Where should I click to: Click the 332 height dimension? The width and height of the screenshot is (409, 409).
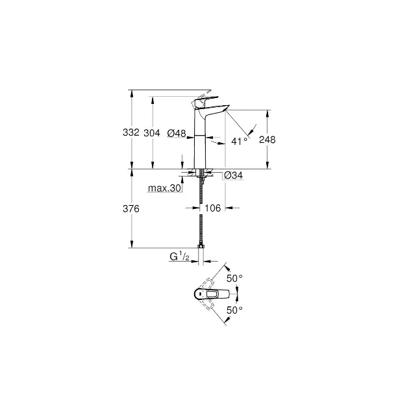tap(131, 132)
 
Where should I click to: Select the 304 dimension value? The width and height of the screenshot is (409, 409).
tap(152, 133)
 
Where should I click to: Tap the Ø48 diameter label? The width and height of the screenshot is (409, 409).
tap(177, 133)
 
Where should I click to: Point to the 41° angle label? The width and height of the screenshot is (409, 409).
tap(239, 141)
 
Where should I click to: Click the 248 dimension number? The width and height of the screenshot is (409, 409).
tap(267, 140)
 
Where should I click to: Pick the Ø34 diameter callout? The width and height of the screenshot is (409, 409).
tap(234, 175)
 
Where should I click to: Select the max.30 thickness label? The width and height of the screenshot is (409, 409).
tap(164, 188)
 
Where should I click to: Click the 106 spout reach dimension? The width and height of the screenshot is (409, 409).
tap(212, 208)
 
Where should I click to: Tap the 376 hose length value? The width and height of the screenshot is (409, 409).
tap(131, 208)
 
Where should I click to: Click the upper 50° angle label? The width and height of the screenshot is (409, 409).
tap(234, 279)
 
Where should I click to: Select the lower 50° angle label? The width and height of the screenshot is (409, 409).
tap(234, 310)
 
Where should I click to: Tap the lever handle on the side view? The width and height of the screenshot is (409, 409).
tap(204, 101)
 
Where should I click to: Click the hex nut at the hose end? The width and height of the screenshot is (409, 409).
tap(201, 246)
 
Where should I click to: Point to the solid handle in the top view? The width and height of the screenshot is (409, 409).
tap(212, 294)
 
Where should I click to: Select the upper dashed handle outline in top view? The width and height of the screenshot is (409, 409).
tap(207, 283)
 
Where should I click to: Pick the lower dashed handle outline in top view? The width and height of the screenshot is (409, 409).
tap(207, 305)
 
